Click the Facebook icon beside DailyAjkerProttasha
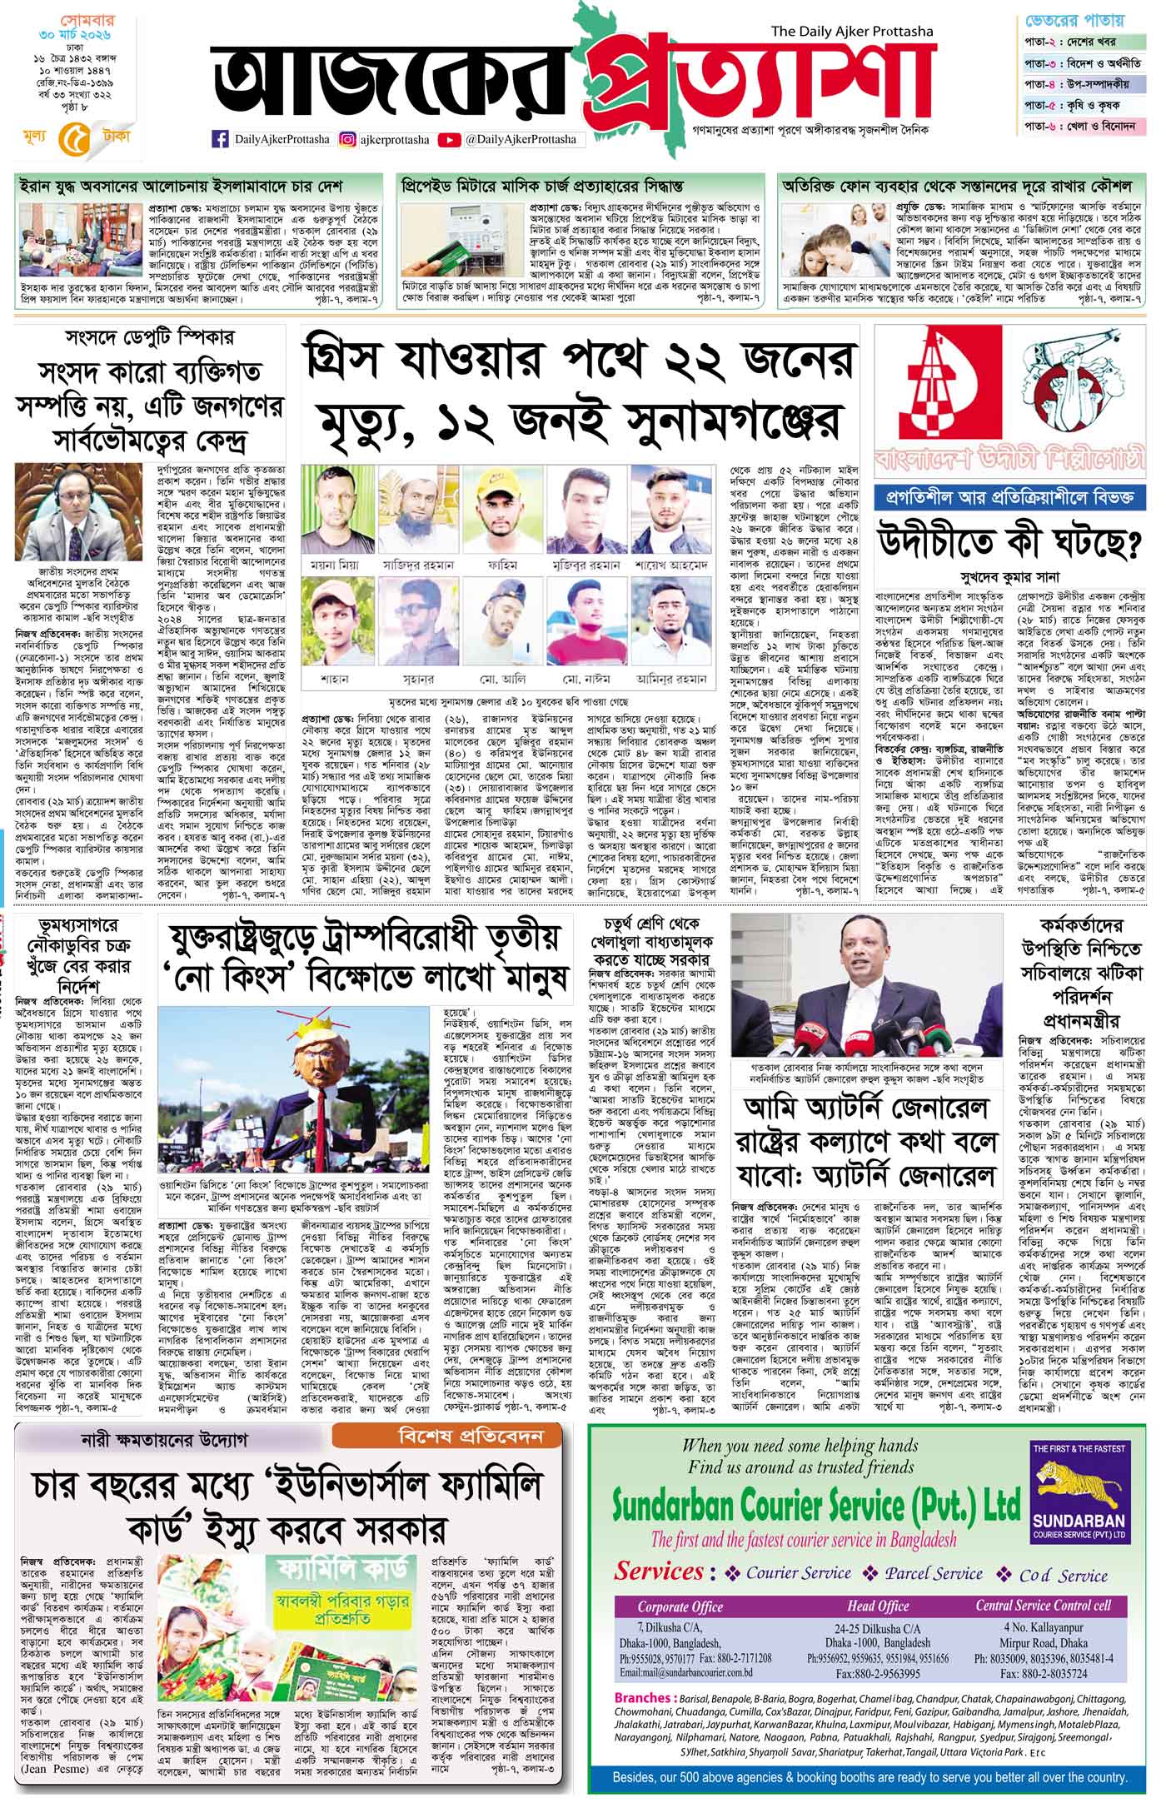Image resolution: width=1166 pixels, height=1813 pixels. point(222,140)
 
